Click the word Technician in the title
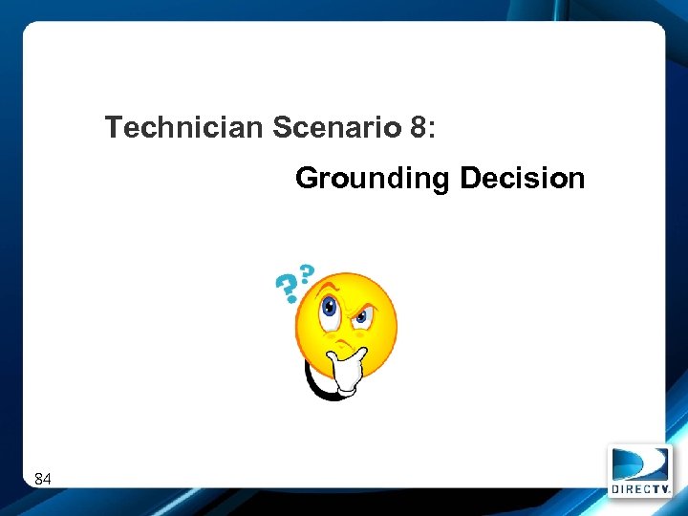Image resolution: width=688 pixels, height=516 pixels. [x=183, y=127]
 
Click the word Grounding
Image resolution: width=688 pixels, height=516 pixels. [x=374, y=179]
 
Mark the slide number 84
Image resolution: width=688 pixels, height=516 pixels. [x=43, y=478]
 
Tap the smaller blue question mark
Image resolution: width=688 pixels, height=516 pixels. [x=307, y=272]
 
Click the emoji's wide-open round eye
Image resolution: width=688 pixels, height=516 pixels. [x=331, y=308]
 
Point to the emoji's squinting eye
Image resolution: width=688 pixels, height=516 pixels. [x=362, y=316]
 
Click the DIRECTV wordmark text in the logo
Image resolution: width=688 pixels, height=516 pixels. [x=639, y=488]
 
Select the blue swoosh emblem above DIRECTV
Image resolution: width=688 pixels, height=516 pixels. [x=639, y=464]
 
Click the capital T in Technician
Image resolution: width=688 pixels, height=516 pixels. [x=114, y=127]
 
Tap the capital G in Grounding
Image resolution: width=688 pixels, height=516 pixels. [x=308, y=179]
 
